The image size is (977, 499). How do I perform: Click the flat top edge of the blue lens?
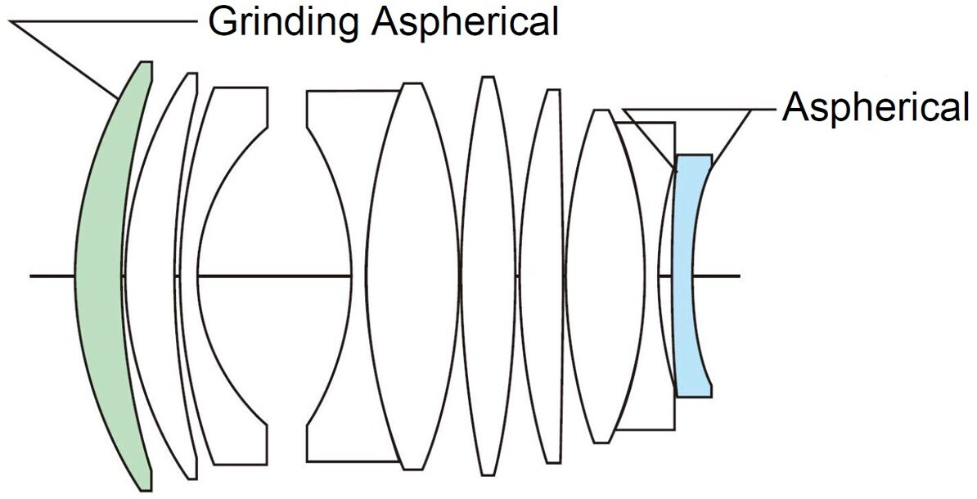coord(693,155)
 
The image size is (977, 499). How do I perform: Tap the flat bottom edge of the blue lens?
coord(694,396)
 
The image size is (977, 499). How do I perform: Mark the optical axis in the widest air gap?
coord(274,276)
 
